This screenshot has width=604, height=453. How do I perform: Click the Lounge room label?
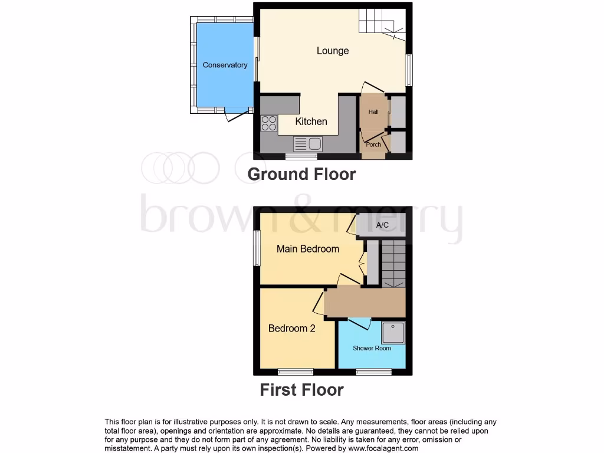(333, 51)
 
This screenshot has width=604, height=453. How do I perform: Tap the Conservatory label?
(225, 65)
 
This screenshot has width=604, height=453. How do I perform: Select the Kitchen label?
(311, 122)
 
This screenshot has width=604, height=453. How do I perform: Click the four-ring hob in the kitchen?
(269, 123)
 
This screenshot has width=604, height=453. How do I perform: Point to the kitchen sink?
(307, 143)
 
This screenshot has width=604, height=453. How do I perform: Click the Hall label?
(373, 112)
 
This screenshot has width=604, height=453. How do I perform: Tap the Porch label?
(373, 145)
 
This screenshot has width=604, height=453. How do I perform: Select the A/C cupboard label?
(382, 225)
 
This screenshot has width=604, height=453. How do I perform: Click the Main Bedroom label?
(308, 249)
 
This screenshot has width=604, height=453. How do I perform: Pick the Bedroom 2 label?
(291, 329)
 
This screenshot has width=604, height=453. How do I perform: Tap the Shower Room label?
(372, 348)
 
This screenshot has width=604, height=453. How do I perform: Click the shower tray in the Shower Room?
(393, 333)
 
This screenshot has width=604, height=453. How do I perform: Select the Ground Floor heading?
(301, 174)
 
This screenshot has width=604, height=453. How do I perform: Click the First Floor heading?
(301, 390)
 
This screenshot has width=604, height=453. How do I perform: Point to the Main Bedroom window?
(257, 248)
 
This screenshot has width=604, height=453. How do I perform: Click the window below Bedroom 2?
(296, 372)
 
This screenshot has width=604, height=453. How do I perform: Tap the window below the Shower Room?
(374, 372)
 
